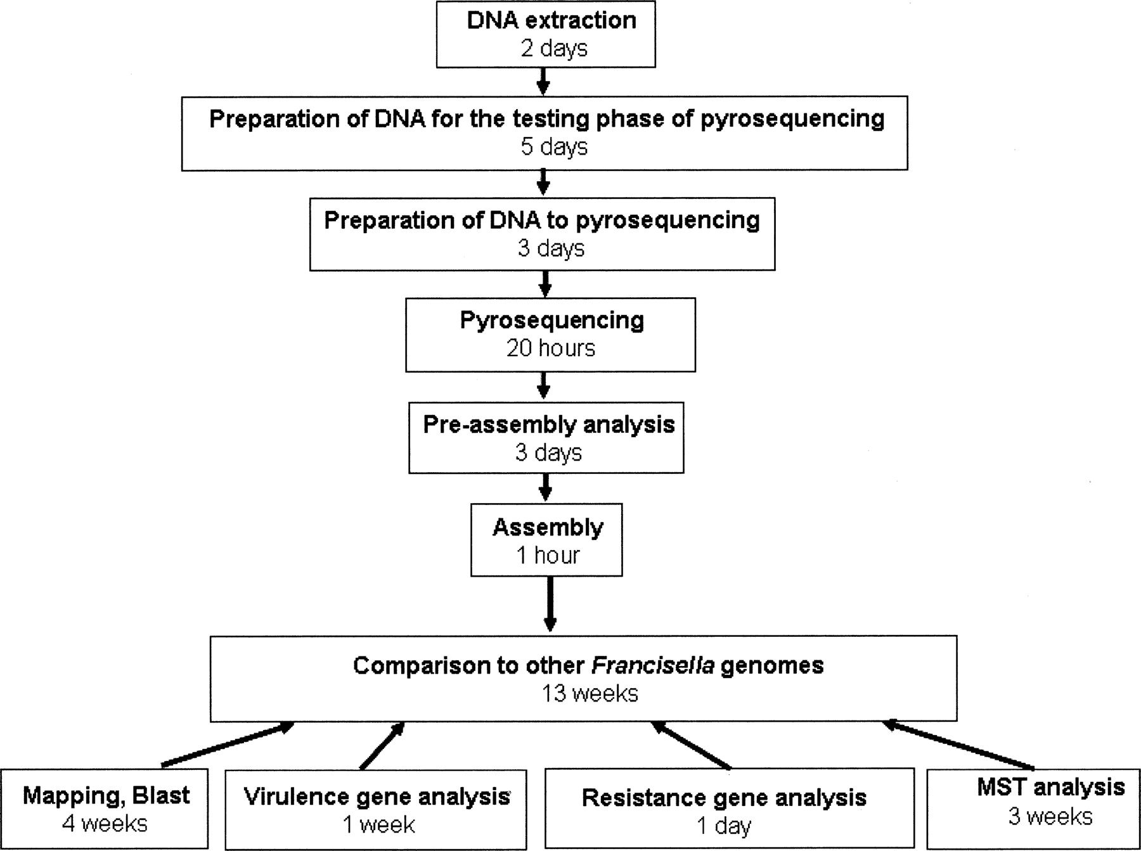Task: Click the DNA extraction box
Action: point(546,34)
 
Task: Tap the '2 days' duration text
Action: point(554,49)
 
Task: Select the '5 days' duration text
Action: point(554,147)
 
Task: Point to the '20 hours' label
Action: point(550,349)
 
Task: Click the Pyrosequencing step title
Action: point(551,321)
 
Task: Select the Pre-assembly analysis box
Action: point(546,437)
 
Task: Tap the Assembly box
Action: point(546,540)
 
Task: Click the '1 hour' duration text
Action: point(548,556)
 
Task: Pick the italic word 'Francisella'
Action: point(652,665)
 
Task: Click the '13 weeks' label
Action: point(589,694)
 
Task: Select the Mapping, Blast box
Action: point(105,809)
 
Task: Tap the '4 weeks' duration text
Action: point(105,824)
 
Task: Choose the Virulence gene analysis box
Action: point(376,810)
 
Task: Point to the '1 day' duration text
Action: point(724,826)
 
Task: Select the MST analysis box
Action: point(1033,809)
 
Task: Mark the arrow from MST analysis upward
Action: point(957,744)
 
